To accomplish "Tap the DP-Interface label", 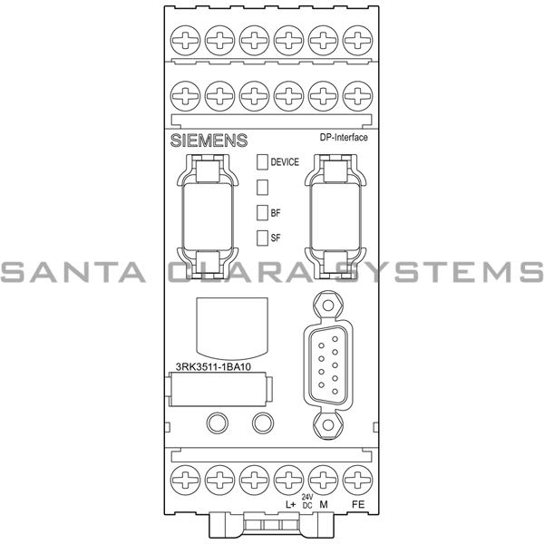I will coord(345,137).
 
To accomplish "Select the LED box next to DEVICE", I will coord(263,162).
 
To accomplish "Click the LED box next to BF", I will coord(263,213).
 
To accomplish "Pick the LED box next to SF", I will coord(263,238).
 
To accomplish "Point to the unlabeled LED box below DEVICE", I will coord(263,188).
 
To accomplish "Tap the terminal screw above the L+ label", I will coord(289,477).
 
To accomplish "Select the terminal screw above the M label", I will coord(324,477).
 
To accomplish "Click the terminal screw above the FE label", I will coord(358,477).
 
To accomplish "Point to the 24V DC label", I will coord(306,502).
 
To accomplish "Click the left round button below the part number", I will coord(218,423).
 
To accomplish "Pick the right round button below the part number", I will coord(263,423).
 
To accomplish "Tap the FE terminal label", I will coord(359,503).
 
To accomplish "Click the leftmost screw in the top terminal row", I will coord(186,37).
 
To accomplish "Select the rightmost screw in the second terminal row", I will coord(358,93).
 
